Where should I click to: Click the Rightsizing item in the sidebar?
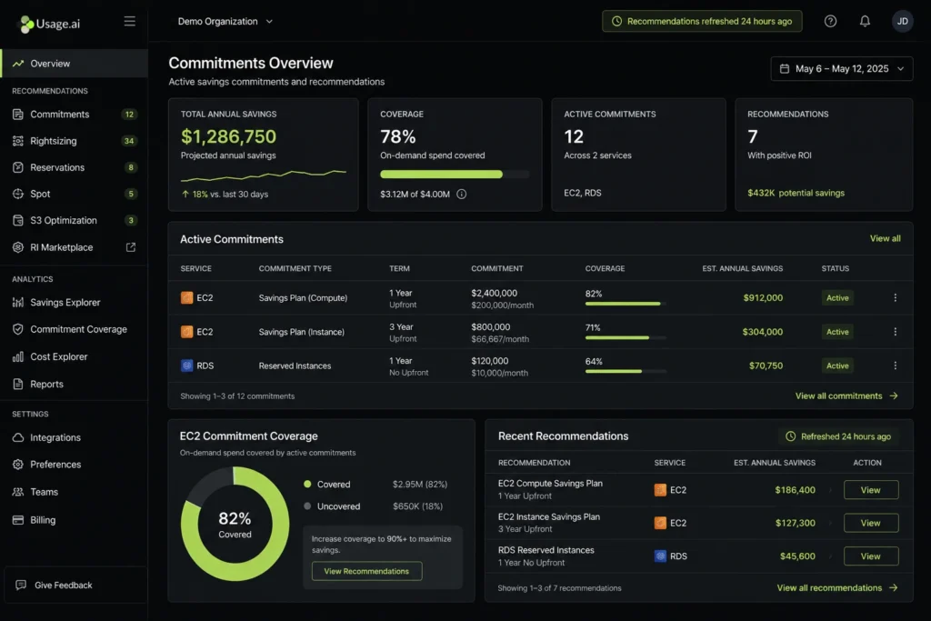coord(53,141)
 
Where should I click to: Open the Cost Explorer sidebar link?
coord(58,356)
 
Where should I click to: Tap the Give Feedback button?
coord(63,586)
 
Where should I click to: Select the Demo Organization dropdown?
coord(225,21)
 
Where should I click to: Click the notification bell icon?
coord(865,21)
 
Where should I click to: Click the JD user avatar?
coord(902,21)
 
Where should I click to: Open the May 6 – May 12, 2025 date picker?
coord(842,68)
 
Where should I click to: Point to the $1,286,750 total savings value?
coord(228,136)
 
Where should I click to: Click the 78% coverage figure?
coord(398,136)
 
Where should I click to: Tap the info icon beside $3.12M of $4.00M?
coord(461,194)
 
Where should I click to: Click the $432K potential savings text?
coord(796,193)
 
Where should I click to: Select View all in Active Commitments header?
coord(885,238)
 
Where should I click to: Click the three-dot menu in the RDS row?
coord(895,366)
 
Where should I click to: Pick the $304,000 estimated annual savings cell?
coord(762,332)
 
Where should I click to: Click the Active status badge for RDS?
coord(837,366)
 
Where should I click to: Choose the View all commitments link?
coord(846,396)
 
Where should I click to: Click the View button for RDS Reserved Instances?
coord(870,556)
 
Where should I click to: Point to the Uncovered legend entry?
coord(338,506)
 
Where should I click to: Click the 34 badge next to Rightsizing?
coord(129,141)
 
